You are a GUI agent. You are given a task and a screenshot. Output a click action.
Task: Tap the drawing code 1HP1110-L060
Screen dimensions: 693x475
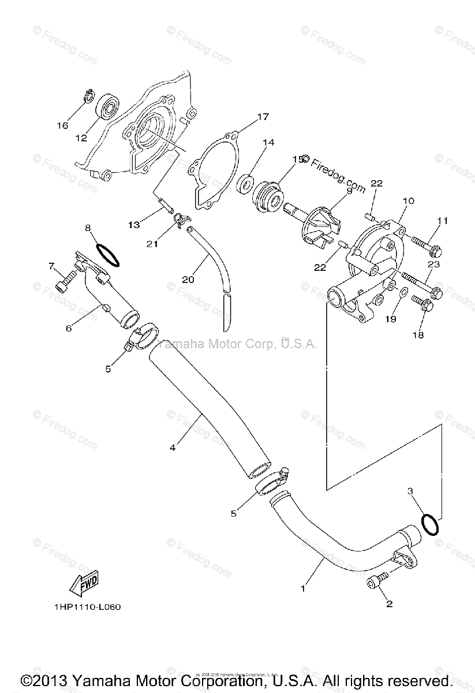88,607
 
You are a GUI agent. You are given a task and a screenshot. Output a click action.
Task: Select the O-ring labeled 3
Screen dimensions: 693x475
429,524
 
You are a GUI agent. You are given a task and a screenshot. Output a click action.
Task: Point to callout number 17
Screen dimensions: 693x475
263,117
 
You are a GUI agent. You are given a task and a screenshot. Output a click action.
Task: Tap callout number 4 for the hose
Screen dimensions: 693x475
173,446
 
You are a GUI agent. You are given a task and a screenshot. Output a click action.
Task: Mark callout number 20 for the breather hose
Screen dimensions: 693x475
188,280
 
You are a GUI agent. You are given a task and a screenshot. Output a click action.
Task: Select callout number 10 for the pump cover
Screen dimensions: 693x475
409,201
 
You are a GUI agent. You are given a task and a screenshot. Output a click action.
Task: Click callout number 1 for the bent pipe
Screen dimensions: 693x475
302,588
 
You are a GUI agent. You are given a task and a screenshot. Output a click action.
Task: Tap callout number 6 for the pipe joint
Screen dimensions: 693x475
69,327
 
